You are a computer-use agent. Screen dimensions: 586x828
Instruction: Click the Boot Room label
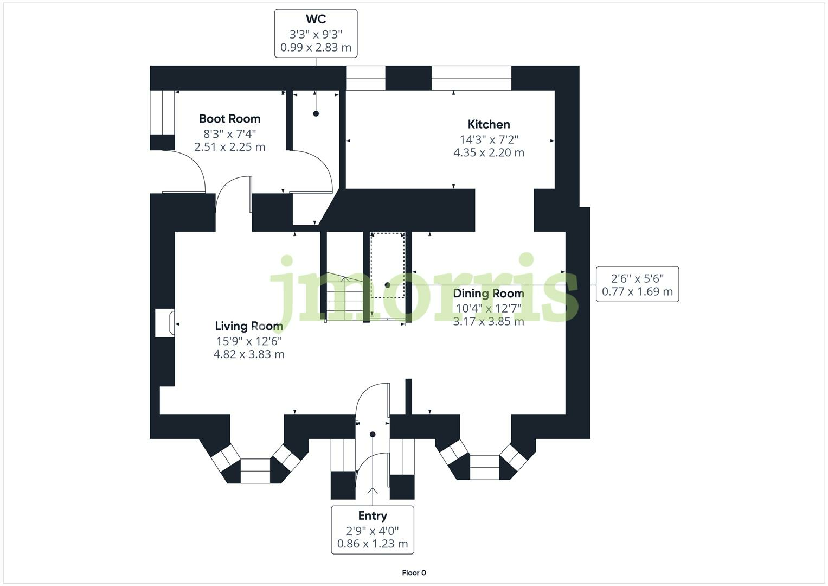click(229, 119)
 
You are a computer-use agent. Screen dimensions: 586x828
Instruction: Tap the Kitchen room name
click(489, 124)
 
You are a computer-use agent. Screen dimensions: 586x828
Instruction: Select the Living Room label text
click(248, 326)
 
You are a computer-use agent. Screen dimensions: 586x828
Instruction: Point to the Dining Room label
click(488, 294)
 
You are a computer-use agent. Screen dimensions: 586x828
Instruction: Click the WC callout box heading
click(316, 20)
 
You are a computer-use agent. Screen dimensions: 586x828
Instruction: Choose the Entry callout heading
click(372, 516)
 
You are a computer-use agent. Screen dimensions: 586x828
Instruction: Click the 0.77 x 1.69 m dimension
click(637, 292)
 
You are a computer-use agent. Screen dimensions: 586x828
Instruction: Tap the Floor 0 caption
click(414, 572)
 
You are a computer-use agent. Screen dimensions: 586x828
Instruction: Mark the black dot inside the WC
click(316, 113)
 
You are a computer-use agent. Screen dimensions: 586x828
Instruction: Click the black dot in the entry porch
click(373, 434)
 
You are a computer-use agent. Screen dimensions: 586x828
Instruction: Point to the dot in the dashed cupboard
click(387, 285)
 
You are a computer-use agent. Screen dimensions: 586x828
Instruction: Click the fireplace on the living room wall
click(164, 323)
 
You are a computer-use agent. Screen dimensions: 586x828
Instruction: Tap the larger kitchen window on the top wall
click(471, 78)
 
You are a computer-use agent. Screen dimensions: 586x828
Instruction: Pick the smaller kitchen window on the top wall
click(365, 78)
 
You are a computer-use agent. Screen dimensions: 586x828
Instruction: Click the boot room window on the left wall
click(162, 112)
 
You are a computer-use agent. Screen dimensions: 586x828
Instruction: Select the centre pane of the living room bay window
click(255, 470)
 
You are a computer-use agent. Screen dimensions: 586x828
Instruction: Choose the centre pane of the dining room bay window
click(484, 467)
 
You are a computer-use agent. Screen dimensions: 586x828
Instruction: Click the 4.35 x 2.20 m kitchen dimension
click(489, 153)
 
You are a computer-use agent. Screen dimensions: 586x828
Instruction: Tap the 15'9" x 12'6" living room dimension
click(248, 341)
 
